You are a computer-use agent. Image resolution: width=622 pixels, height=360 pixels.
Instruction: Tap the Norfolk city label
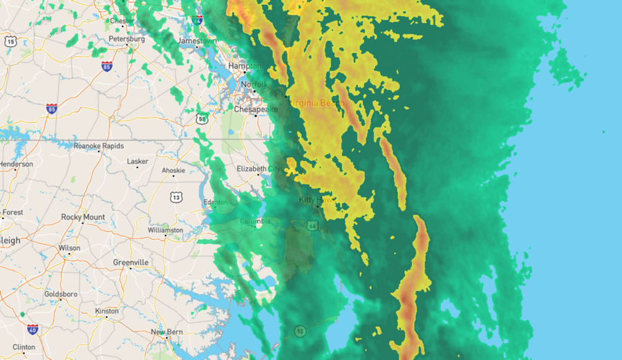[x=253, y=84]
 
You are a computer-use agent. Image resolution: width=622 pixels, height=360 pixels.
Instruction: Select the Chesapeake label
[x=256, y=109]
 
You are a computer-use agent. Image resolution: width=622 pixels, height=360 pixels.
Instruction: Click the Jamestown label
[x=197, y=41]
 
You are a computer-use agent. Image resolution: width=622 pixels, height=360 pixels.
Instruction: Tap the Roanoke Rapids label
[x=98, y=146]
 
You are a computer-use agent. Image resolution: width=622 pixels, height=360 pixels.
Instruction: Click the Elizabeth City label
[x=259, y=169]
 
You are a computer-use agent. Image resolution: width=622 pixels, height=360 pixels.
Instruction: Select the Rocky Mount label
[x=83, y=217]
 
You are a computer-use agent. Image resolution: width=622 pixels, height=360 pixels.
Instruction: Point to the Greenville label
[x=131, y=263]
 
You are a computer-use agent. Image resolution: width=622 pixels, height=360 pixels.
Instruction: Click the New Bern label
[x=167, y=332]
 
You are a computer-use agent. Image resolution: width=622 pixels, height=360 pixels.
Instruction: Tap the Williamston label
[x=166, y=230]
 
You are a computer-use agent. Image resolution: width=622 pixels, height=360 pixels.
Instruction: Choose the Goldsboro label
[x=60, y=294]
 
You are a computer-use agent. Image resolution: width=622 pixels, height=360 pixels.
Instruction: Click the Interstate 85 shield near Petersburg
[x=106, y=66]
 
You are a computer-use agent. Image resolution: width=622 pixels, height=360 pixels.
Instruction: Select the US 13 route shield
[x=177, y=198]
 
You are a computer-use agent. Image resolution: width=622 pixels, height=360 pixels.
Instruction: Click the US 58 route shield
[x=201, y=118]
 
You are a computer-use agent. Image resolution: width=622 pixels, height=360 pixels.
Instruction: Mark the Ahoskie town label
[x=173, y=171]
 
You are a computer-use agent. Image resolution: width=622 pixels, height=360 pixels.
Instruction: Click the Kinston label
[x=107, y=311]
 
